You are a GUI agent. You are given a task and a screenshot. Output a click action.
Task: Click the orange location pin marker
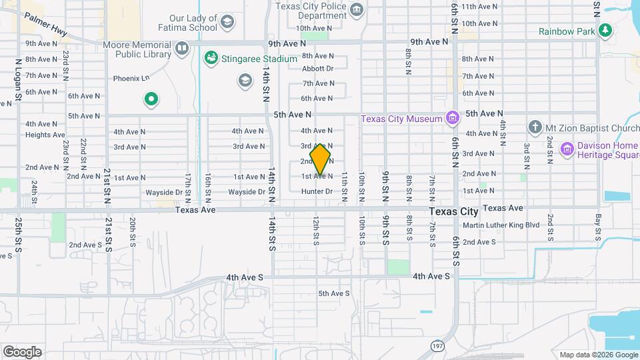pyautogui.click(x=321, y=161)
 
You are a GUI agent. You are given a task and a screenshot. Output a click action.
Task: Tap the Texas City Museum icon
pyautogui.click(x=453, y=119)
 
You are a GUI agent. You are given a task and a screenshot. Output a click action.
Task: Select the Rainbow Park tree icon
pyautogui.click(x=605, y=30)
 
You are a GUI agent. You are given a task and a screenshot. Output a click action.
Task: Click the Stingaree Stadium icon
pyautogui.click(x=211, y=59)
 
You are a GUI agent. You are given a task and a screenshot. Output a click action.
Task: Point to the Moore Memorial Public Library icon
pyautogui.click(x=183, y=48)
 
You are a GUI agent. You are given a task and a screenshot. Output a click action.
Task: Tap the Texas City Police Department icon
pyautogui.click(x=357, y=9)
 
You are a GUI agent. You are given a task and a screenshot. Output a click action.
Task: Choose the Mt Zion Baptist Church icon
pyautogui.click(x=534, y=127)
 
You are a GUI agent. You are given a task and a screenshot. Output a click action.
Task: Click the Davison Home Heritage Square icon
pyautogui.click(x=567, y=147)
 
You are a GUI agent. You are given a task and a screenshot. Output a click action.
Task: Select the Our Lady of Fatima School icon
pyautogui.click(x=227, y=23)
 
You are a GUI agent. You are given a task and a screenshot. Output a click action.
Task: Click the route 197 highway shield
pyautogui.click(x=437, y=345)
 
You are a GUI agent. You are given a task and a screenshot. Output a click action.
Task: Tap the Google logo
pyautogui.click(x=22, y=351)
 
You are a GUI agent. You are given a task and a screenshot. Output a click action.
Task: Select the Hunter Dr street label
pyautogui.click(x=317, y=191)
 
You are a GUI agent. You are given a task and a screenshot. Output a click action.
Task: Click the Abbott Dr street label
pyautogui.click(x=317, y=69)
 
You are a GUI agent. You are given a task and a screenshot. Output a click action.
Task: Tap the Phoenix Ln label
pyautogui.click(x=131, y=78)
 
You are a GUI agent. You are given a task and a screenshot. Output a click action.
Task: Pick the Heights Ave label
pyautogui.click(x=45, y=135)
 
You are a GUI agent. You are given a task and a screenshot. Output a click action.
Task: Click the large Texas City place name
pyautogui.click(x=453, y=211)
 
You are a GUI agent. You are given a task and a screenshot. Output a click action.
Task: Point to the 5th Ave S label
pyautogui.click(x=333, y=293)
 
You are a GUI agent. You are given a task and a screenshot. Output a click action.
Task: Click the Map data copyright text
pyautogui.click(x=597, y=355)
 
